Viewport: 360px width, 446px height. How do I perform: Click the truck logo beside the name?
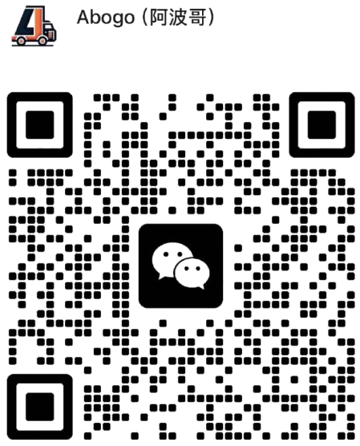(x=34, y=26)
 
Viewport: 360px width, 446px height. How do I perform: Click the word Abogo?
(x=106, y=18)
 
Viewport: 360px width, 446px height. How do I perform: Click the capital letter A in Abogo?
(x=83, y=17)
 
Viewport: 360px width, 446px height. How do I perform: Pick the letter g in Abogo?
(x=115, y=20)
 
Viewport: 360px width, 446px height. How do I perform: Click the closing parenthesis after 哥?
(x=211, y=18)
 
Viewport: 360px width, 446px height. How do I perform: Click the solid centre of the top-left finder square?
(x=40, y=125)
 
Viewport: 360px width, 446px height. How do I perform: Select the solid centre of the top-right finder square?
(x=322, y=125)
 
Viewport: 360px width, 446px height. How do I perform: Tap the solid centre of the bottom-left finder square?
(x=40, y=407)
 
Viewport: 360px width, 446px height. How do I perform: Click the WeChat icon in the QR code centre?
(x=180, y=266)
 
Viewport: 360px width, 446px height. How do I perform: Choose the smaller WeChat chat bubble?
(x=192, y=273)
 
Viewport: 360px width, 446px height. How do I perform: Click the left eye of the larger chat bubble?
(x=165, y=254)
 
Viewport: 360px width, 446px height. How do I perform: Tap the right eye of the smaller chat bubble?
(x=197, y=268)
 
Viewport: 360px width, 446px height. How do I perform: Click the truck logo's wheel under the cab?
(x=42, y=40)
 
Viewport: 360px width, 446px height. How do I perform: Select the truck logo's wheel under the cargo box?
(x=21, y=40)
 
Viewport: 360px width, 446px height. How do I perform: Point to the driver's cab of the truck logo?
(x=50, y=30)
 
